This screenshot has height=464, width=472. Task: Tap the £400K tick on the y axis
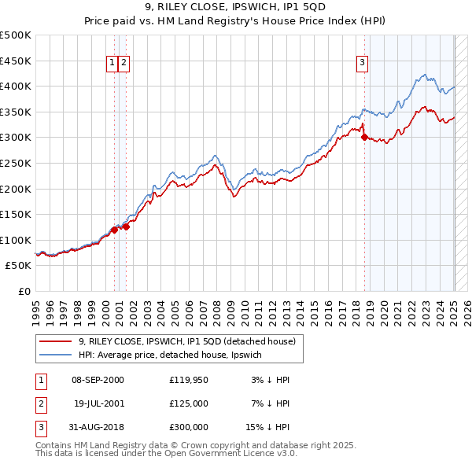pyautogui.click(x=16, y=86)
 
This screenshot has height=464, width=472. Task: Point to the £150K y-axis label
pyautogui.click(x=16, y=214)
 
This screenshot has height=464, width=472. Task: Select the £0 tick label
pyautogui.click(x=24, y=291)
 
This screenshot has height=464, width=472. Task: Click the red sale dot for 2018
pyautogui.click(x=364, y=137)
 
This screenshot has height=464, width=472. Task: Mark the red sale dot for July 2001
pyautogui.click(x=126, y=226)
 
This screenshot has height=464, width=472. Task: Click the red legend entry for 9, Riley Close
pyautogui.click(x=186, y=341)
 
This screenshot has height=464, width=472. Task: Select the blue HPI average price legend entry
pyautogui.click(x=175, y=355)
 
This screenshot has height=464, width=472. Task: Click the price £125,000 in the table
pyautogui.click(x=188, y=403)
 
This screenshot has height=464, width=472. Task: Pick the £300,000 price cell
pyautogui.click(x=188, y=427)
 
